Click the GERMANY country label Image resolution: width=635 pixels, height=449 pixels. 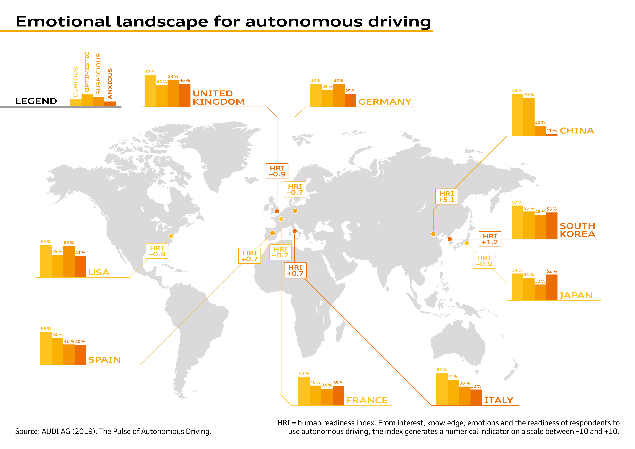click(x=385, y=102)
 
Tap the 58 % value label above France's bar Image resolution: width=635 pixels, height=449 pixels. click(x=304, y=373)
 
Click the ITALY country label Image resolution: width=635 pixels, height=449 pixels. click(x=498, y=400)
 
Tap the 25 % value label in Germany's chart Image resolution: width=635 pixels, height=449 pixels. click(x=350, y=91)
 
